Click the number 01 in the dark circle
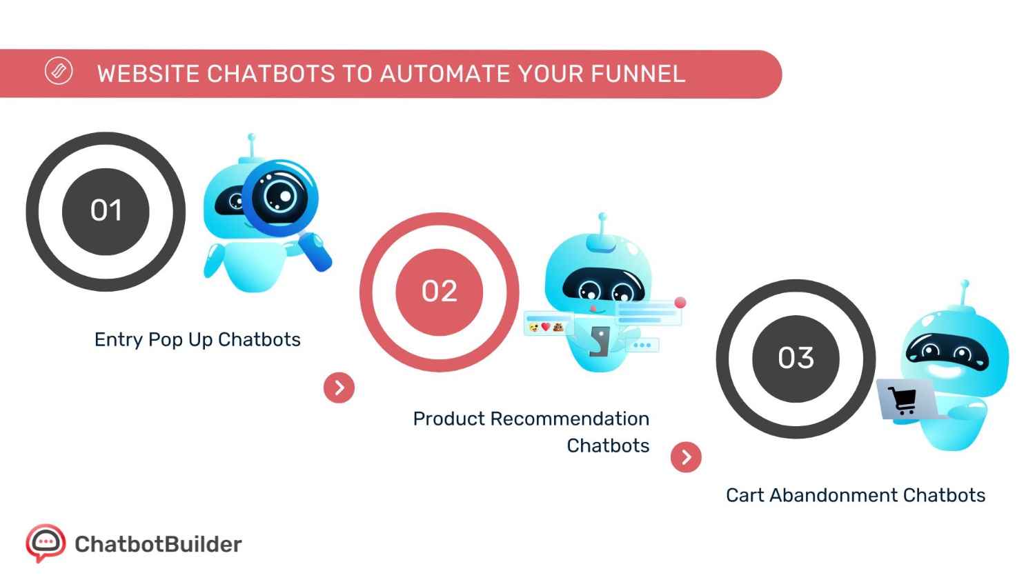pyautogui.click(x=106, y=210)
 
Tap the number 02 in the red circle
pyautogui.click(x=439, y=291)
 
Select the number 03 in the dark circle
pyautogui.click(x=796, y=358)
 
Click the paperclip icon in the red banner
pyautogui.click(x=59, y=71)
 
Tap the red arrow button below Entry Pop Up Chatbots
pyautogui.click(x=339, y=388)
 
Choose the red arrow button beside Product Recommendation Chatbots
pyautogui.click(x=686, y=456)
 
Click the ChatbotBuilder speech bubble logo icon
pyautogui.click(x=45, y=543)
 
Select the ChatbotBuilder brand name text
pyautogui.click(x=158, y=544)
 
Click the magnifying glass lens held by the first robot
pyautogui.click(x=279, y=196)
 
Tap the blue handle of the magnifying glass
pyautogui.click(x=316, y=253)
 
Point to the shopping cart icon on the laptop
pyautogui.click(x=902, y=399)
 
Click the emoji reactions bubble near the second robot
pyautogui.click(x=546, y=326)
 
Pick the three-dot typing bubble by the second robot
pyautogui.click(x=642, y=345)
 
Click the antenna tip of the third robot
pyautogui.click(x=965, y=283)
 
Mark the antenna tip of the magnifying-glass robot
pyautogui.click(x=252, y=137)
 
